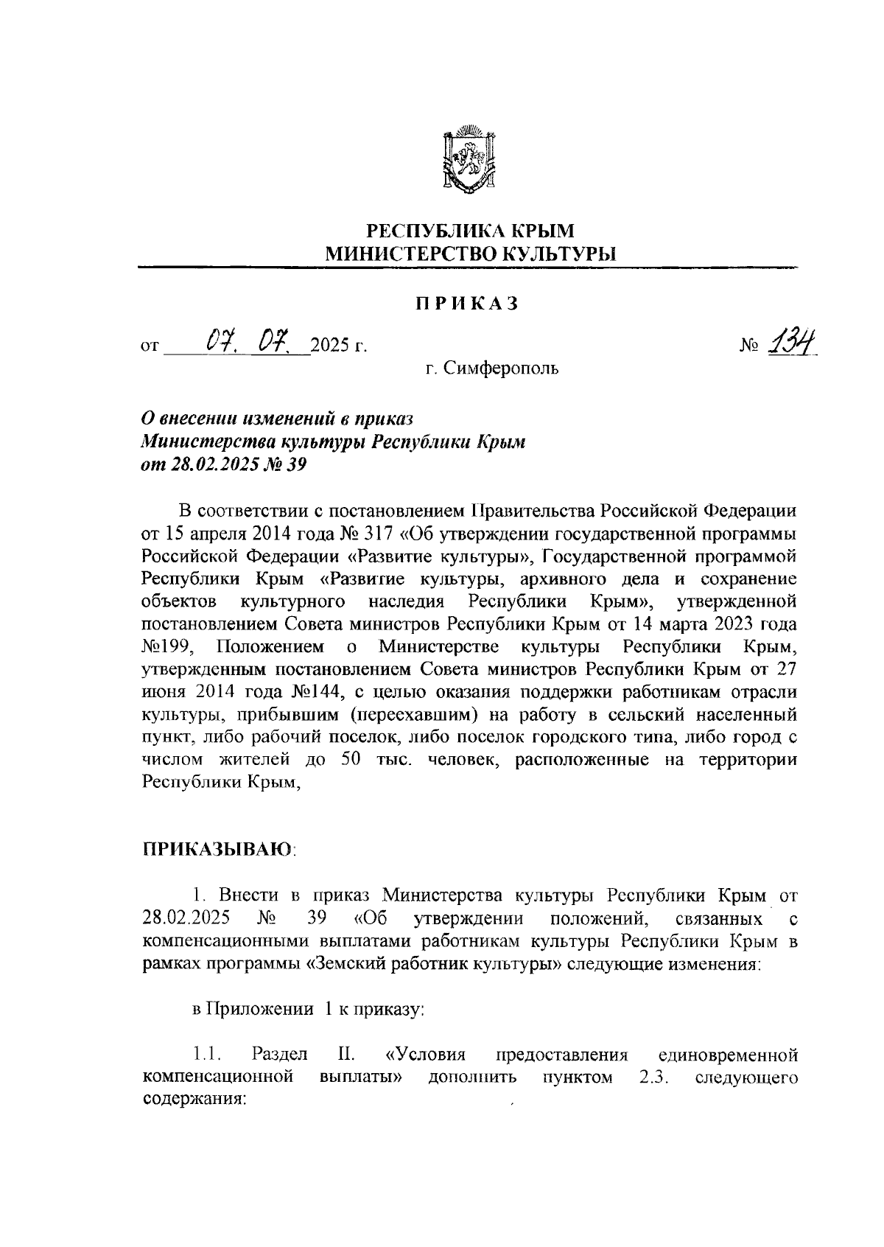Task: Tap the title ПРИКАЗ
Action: pos(466,304)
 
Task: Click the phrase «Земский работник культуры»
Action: pos(435,965)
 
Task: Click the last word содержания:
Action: pos(193,1099)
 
